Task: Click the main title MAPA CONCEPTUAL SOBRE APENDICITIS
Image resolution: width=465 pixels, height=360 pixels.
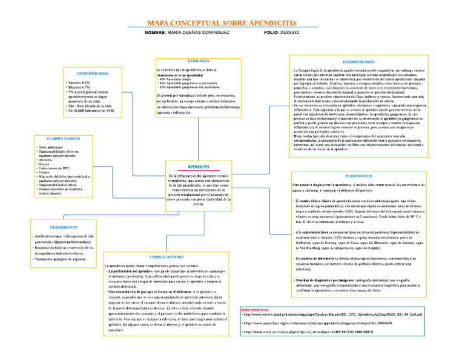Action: [x=232, y=23]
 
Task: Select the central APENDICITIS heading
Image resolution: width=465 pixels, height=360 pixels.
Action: [x=199, y=166]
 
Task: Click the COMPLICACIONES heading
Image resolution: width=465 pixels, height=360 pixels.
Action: [x=167, y=257]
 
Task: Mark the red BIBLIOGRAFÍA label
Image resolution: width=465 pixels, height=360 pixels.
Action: [x=259, y=309]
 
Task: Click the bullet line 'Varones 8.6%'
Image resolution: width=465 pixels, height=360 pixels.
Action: [x=79, y=82]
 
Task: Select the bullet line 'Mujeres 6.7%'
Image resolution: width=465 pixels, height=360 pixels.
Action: [x=79, y=87]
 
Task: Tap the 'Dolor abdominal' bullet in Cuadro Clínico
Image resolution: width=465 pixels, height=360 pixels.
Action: [x=52, y=147]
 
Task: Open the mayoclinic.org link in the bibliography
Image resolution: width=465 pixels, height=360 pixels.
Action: [x=308, y=323]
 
